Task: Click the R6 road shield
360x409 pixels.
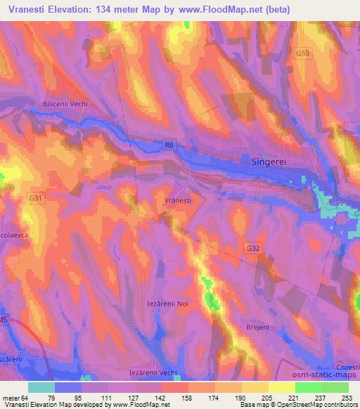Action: pos(167,145)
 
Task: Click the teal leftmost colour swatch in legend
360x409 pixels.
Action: pos(41,387)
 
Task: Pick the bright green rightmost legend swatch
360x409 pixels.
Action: pos(335,387)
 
